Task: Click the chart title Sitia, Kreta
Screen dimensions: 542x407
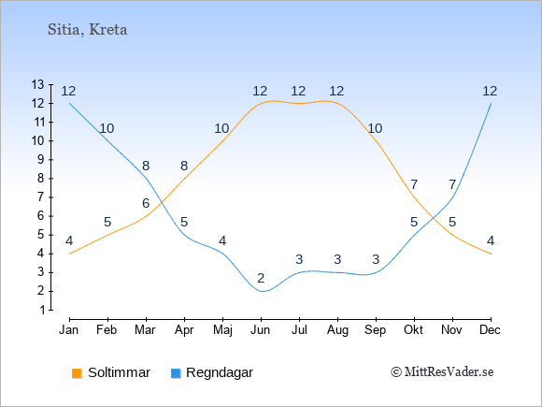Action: pos(88,30)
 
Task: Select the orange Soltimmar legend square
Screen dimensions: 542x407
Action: pos(77,373)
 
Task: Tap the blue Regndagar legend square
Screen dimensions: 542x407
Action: pos(176,373)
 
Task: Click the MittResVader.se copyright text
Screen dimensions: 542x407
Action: pos(442,372)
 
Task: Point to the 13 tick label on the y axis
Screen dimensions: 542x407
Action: pos(37,84)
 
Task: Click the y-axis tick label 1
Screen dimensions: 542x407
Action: pos(42,310)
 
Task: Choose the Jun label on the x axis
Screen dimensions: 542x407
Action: pos(261,330)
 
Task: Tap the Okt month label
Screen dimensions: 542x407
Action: pos(413,330)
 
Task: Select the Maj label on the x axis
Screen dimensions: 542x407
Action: pos(222,330)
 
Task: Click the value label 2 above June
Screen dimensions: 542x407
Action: pos(261,278)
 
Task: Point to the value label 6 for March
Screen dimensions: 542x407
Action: pos(146,203)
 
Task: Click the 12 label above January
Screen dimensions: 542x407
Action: pos(68,92)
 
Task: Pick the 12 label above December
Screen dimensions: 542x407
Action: pos(490,92)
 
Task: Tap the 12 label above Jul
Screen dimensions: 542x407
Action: pos(298,92)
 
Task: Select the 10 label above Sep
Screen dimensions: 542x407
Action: pos(375,129)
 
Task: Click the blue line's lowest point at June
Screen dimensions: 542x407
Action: pos(262,291)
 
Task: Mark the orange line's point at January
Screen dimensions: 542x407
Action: pos(70,254)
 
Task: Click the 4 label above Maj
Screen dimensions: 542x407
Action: pos(222,240)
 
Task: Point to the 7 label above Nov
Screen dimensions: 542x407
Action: pos(452,185)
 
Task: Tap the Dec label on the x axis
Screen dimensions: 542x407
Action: pos(490,330)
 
